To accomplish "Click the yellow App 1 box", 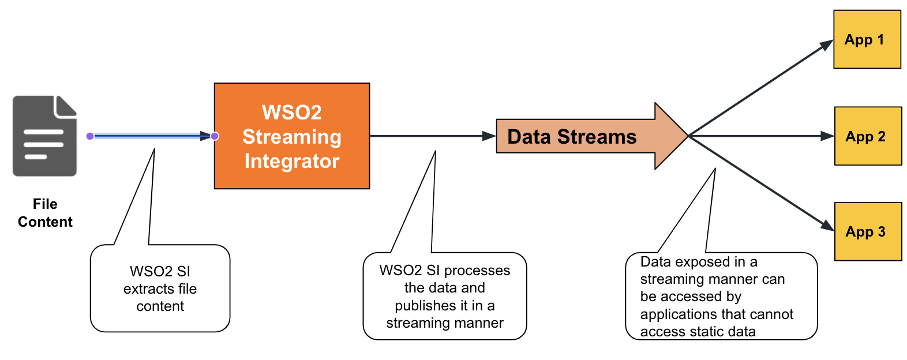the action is (x=867, y=39).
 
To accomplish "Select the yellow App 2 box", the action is (x=868, y=136).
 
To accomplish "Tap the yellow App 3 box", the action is (x=868, y=231).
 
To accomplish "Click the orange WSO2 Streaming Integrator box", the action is (x=292, y=136).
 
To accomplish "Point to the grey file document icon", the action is (x=44, y=136).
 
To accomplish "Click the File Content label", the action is (x=45, y=213).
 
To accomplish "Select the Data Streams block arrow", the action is (x=592, y=136).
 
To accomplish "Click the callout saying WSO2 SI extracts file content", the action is (x=160, y=288).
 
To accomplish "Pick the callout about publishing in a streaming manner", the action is (x=445, y=297).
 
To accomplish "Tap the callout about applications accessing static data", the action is (x=721, y=297).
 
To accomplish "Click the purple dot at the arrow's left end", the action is (x=90, y=136).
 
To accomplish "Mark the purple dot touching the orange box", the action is (x=215, y=136).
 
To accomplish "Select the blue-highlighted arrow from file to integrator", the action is (x=152, y=136).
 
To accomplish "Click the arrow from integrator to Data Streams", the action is (x=433, y=136).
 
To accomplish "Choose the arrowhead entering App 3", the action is (x=827, y=226).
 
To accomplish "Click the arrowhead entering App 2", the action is (x=827, y=136).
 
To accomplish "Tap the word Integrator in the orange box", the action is (x=292, y=161).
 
